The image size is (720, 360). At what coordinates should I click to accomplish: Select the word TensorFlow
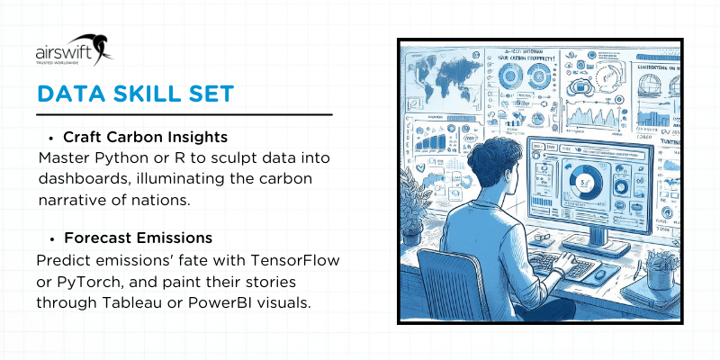coord(295,260)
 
